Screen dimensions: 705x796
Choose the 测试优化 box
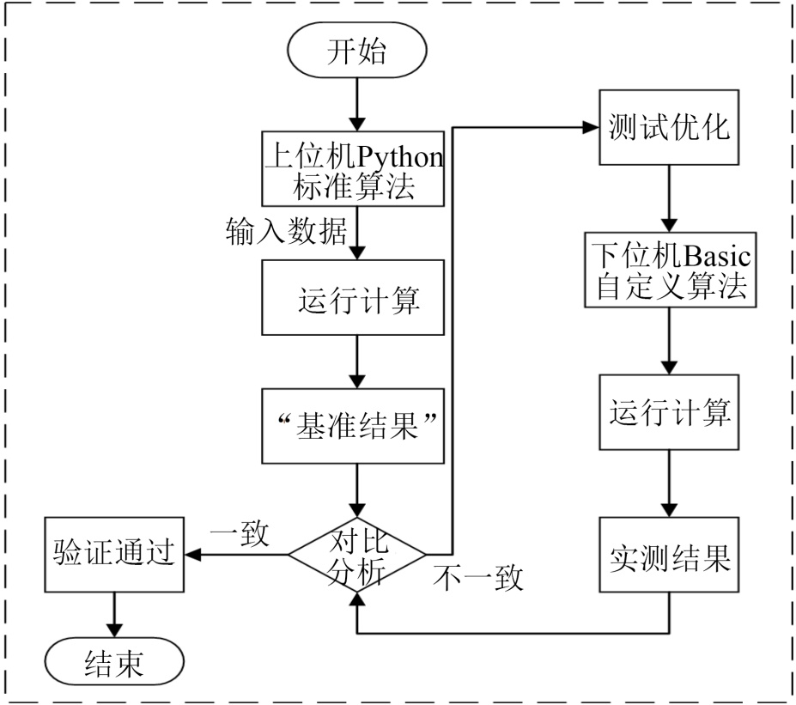[x=668, y=130]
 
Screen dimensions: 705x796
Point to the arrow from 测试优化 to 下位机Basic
[x=668, y=198]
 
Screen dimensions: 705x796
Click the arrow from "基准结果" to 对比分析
[x=355, y=489]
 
